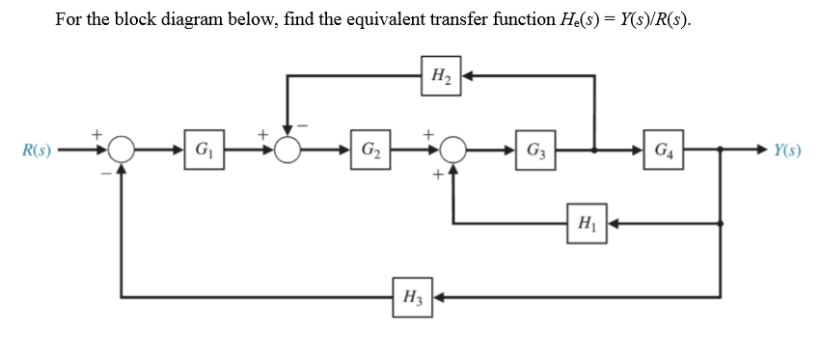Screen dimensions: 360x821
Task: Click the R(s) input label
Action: (x=36, y=152)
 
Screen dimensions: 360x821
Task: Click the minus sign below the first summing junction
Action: (x=105, y=174)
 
